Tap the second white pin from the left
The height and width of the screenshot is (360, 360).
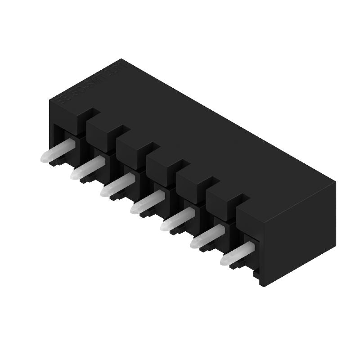pyautogui.click(x=86, y=168)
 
